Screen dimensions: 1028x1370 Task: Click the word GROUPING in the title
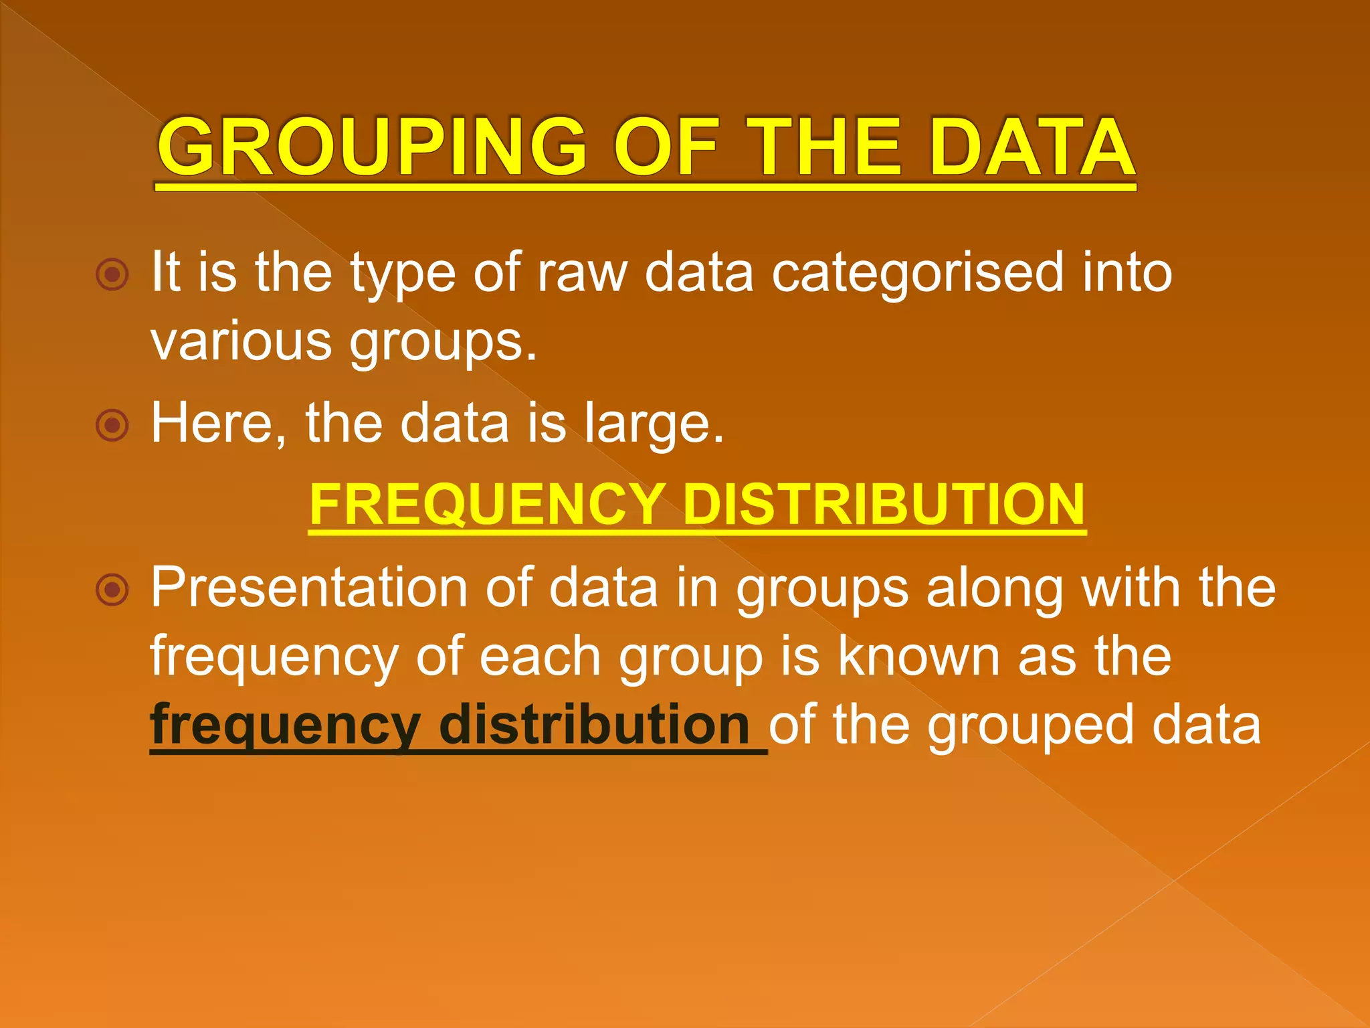[372, 147]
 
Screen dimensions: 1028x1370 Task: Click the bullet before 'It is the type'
[112, 274]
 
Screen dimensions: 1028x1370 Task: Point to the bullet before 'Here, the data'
[112, 425]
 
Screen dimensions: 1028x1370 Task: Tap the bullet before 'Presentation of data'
[112, 590]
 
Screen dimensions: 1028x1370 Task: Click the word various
[241, 341]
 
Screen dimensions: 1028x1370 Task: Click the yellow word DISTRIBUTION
[884, 505]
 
